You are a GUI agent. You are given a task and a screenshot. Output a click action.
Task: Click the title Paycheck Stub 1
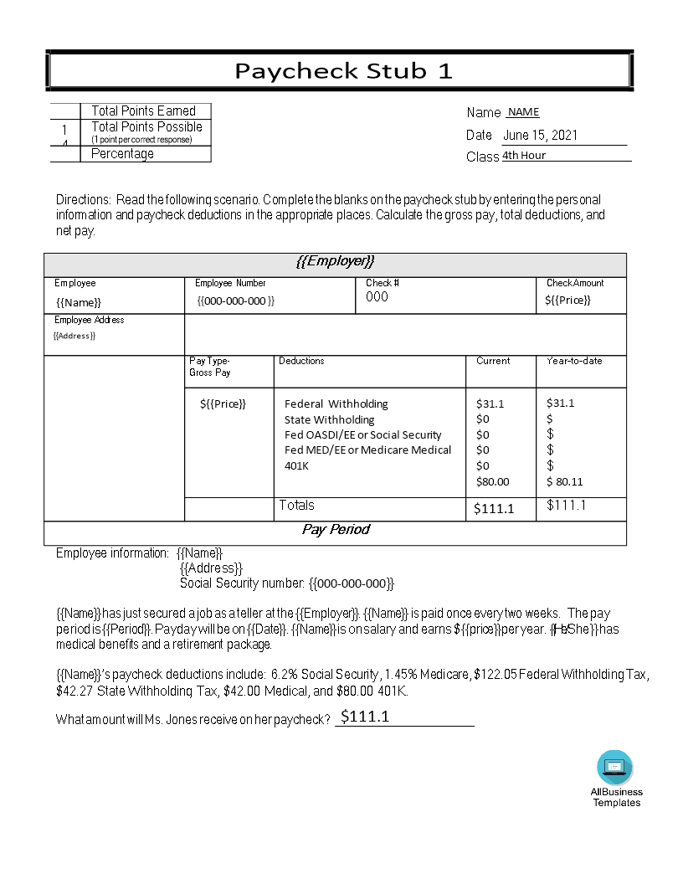tap(343, 71)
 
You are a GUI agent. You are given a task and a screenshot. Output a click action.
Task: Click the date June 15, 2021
tap(540, 136)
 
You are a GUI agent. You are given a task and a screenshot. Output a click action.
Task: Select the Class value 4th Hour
tap(524, 156)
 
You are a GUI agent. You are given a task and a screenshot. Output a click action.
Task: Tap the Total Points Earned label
tap(143, 111)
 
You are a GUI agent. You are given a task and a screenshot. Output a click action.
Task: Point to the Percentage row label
tap(122, 154)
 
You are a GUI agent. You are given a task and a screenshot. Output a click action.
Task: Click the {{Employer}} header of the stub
tap(335, 262)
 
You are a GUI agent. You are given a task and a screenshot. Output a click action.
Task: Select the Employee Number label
tap(230, 284)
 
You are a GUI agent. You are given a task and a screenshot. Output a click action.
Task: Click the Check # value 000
tap(377, 297)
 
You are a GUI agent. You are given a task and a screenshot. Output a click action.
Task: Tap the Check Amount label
tap(575, 284)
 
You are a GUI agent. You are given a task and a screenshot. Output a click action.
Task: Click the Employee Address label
tap(90, 321)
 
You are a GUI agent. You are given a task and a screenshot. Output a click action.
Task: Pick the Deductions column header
tap(301, 362)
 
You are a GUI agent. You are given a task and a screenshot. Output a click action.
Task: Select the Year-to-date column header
tap(574, 362)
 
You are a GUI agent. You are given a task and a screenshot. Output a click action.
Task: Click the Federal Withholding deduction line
tap(336, 403)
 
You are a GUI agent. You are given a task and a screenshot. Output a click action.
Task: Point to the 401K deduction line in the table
tap(296, 465)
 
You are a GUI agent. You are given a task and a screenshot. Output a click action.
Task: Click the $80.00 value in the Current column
tap(492, 481)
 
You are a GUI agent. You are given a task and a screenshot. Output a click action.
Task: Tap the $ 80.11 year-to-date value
tap(565, 481)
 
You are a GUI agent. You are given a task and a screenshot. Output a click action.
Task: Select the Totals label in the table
tap(297, 506)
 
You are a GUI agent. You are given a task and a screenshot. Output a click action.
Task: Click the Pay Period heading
tap(335, 530)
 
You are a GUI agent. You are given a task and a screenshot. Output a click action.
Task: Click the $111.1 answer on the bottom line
tap(365, 717)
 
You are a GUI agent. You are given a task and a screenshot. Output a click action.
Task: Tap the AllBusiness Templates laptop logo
tap(615, 767)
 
